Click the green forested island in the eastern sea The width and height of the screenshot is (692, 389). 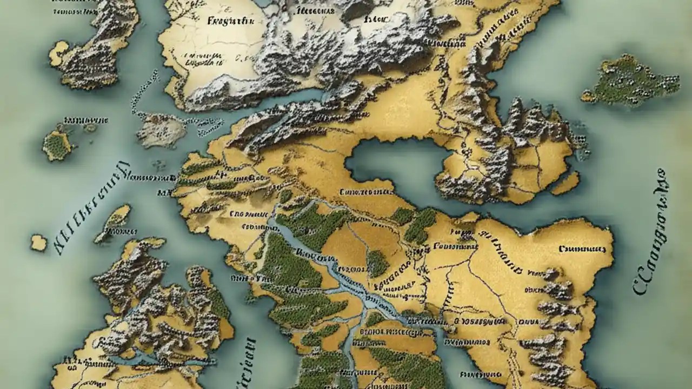(x=630, y=81)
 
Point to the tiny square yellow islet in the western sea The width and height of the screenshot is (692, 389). (x=38, y=242)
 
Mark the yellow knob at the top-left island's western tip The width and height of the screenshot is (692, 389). (x=58, y=53)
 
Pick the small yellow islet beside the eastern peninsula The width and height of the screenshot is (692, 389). (x=565, y=184)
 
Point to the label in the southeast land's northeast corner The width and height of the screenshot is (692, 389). (x=582, y=249)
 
